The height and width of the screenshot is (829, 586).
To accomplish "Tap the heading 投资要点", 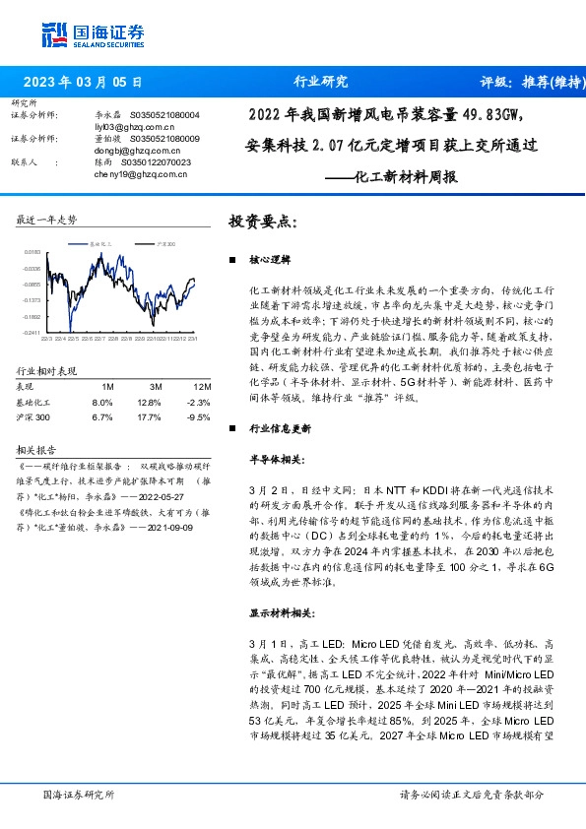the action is (x=262, y=222).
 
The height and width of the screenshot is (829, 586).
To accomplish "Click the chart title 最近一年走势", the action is (x=47, y=220).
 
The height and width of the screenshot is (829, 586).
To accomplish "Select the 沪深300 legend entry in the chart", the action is (x=163, y=242).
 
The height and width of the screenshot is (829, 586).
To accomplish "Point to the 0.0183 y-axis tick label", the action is (x=33, y=253).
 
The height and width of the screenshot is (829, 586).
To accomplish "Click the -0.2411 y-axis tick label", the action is (x=33, y=334).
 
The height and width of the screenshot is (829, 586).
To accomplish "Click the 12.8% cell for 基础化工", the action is (x=149, y=402).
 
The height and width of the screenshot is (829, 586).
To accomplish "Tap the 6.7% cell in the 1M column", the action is (x=101, y=416).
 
